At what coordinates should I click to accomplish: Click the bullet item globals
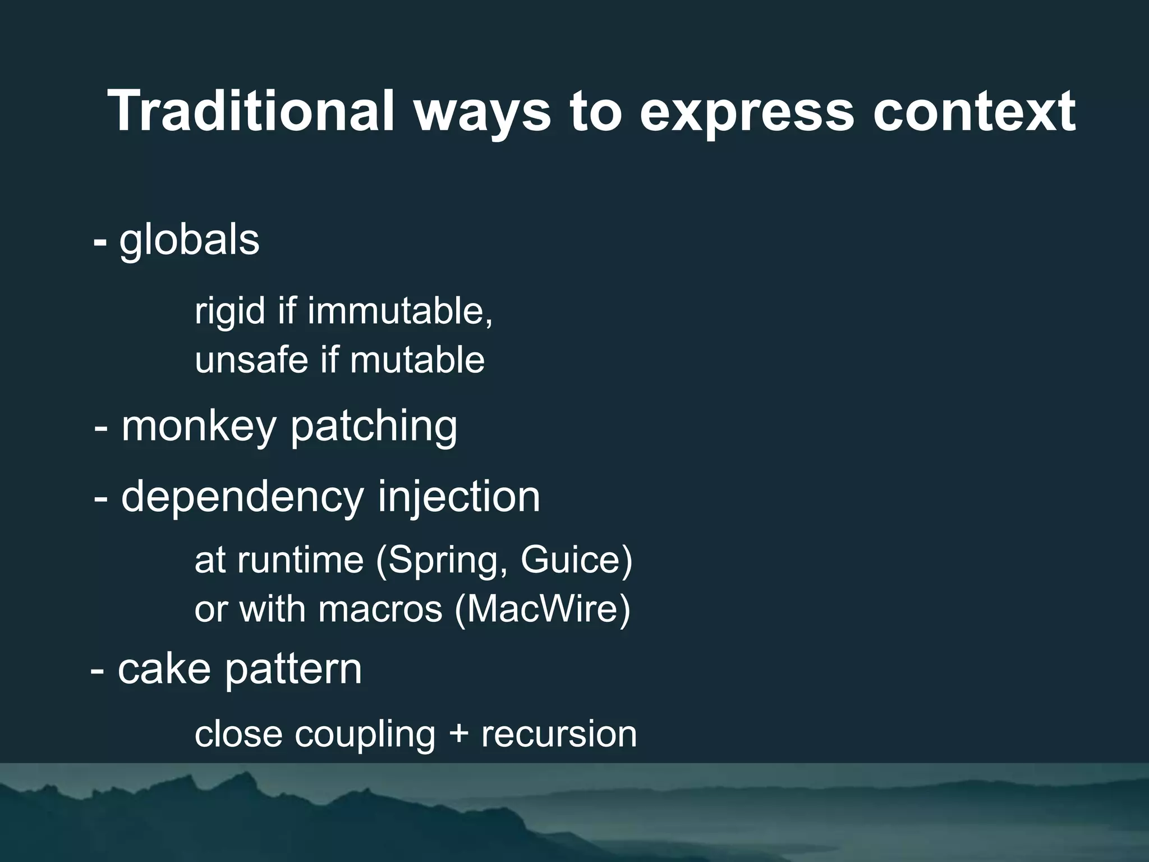coord(189,240)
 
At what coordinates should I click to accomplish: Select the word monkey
coord(199,427)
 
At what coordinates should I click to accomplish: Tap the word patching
coord(373,427)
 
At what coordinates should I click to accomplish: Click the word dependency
coord(242,497)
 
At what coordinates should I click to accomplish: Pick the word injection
coord(458,497)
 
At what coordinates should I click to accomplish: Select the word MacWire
coord(541,609)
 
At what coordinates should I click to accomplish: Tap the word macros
coord(380,609)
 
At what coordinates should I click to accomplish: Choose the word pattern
coord(293,669)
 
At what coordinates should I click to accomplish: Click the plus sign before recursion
coord(458,735)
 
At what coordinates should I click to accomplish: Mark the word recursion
coord(559,735)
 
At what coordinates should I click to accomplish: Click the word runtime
coord(300,560)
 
